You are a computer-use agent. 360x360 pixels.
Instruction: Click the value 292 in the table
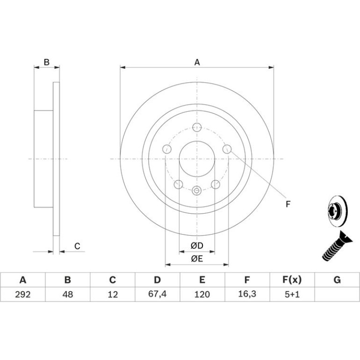point(23,294)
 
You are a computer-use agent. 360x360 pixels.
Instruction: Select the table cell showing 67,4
point(157,294)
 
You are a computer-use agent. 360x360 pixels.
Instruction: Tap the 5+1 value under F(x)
point(292,294)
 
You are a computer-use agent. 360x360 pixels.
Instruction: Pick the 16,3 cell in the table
point(247,294)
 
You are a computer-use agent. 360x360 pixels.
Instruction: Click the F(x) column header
point(292,280)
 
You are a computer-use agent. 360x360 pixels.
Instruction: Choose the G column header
point(337,280)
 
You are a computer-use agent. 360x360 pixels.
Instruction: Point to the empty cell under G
point(337,294)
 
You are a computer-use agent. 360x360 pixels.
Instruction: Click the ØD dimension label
point(197,245)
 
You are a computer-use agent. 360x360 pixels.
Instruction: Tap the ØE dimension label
point(197,259)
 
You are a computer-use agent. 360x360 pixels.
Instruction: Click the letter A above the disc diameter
point(197,62)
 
